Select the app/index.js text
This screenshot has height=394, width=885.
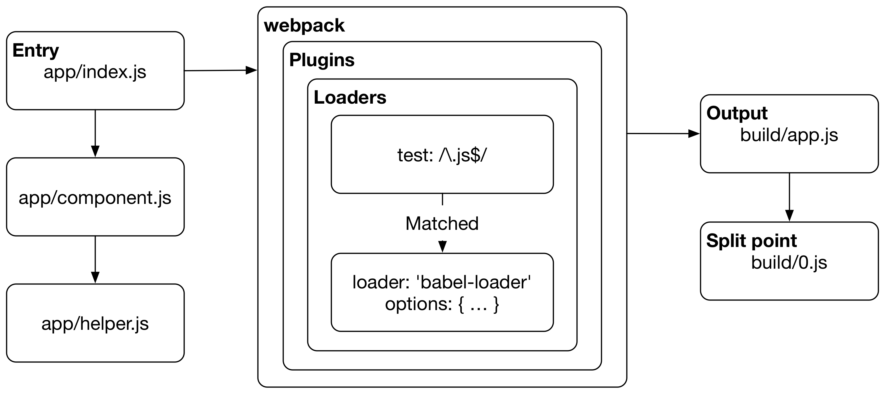pos(95,72)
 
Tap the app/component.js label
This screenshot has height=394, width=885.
pos(95,198)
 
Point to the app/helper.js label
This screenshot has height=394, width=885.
pos(95,324)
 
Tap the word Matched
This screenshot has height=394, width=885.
pos(442,223)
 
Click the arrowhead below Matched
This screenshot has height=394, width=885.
pos(442,246)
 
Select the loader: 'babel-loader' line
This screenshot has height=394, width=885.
pos(442,282)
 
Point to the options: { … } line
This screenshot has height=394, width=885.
pos(442,304)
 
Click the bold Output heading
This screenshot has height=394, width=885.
pos(737,113)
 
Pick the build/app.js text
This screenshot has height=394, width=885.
pos(789,135)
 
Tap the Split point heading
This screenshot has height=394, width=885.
pos(751,241)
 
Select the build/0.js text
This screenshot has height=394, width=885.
pos(789,262)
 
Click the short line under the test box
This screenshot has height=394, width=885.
pos(442,200)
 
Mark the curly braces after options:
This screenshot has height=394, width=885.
pos(479,304)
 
